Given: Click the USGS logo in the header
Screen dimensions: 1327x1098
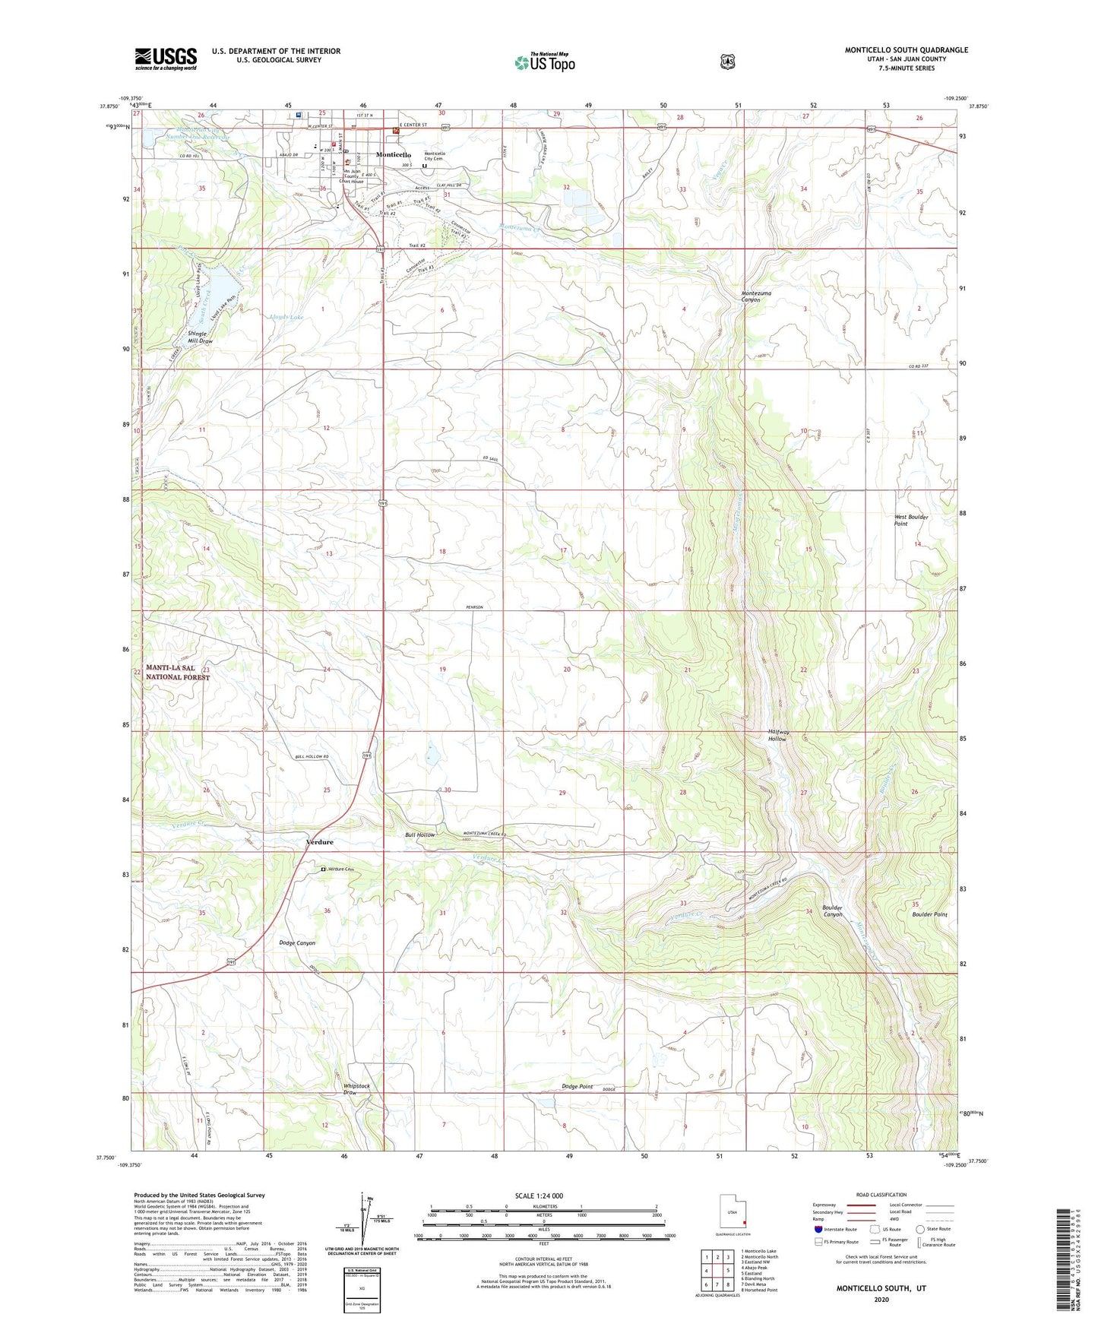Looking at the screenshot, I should pyautogui.click(x=166, y=59).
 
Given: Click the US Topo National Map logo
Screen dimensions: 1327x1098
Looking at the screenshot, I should pyautogui.click(x=543, y=62).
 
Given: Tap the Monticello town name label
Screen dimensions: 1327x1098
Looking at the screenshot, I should pyautogui.click(x=394, y=155).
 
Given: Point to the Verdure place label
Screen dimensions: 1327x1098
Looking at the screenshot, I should pyautogui.click(x=319, y=842).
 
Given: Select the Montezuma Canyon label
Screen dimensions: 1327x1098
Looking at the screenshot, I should pyautogui.click(x=761, y=296).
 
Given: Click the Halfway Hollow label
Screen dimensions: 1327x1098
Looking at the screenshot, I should pyautogui.click(x=778, y=735).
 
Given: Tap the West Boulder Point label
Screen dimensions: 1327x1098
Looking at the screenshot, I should pyautogui.click(x=910, y=520).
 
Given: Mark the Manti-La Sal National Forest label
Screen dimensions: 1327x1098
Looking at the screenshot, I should pyautogui.click(x=177, y=673).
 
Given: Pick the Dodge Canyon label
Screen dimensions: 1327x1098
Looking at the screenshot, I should pyautogui.click(x=297, y=942).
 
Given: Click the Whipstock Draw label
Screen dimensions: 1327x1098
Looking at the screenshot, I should pyautogui.click(x=356, y=1089).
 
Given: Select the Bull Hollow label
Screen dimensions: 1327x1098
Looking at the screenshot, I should pyautogui.click(x=419, y=835).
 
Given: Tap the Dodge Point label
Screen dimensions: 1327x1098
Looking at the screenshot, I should pyautogui.click(x=577, y=1087).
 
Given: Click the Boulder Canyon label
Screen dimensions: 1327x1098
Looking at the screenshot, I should pyautogui.click(x=832, y=911).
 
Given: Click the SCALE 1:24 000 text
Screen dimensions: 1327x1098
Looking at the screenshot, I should pyautogui.click(x=539, y=1196).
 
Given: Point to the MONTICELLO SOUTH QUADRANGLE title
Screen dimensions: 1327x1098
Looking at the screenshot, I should pyautogui.click(x=906, y=50).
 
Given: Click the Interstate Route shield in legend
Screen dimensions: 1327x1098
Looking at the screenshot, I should pyautogui.click(x=818, y=1229).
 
